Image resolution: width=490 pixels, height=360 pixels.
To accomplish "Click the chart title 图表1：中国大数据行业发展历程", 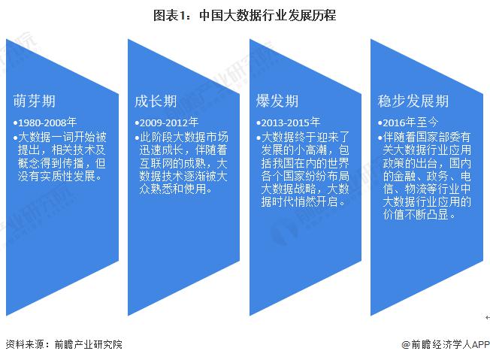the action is click(244, 15).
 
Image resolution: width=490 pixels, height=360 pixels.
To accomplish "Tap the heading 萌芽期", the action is click(35, 101).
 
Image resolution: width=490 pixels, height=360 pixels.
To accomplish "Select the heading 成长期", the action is click(156, 101).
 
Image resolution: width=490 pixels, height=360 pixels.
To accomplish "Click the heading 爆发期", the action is click(277, 101).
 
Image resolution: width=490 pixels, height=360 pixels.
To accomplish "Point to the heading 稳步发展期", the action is click(413, 101).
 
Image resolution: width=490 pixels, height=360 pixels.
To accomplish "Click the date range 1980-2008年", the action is click(47, 123).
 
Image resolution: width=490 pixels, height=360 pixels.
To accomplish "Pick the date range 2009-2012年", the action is click(169, 123).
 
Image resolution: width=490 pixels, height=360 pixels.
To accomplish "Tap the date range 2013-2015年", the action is click(290, 123).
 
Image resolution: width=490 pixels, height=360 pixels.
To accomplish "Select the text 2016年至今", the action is click(410, 123).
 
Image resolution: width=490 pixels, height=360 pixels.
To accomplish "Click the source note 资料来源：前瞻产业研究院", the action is click(64, 344).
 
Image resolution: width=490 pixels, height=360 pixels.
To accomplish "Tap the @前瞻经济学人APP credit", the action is click(446, 344).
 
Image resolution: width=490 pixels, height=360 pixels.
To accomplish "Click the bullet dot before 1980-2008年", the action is click(15, 123).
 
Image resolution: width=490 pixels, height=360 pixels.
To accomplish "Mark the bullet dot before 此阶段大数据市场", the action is click(137, 138).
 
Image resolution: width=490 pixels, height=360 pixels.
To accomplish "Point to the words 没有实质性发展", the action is click(56, 176).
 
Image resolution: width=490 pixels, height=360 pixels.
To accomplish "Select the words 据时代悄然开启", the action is click(299, 201).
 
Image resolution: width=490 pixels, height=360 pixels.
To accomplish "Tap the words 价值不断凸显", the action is click(416, 214).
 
